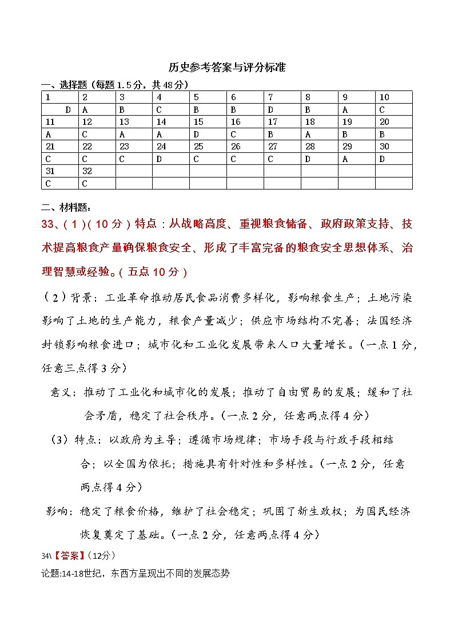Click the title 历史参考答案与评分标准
pos(227,68)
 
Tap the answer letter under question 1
pos(68,109)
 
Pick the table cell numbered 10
pos(384,97)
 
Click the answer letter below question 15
pos(197,134)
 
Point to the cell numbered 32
pos(87,171)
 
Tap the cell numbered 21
pos(50,146)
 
